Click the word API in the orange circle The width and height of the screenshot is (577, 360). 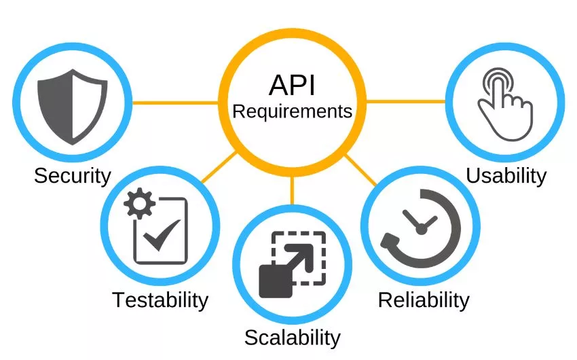(x=292, y=85)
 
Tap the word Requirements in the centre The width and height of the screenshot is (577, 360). (x=293, y=111)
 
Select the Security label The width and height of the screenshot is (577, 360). (x=73, y=176)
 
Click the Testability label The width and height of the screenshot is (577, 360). (x=160, y=300)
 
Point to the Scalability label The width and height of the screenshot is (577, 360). (x=293, y=338)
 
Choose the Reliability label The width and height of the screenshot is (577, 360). (x=424, y=300)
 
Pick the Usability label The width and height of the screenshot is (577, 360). (x=506, y=175)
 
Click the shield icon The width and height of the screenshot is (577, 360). (x=73, y=107)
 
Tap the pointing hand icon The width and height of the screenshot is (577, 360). (x=505, y=104)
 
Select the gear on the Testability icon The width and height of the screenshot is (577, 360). (x=139, y=203)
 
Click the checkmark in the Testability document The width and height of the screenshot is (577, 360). (x=162, y=236)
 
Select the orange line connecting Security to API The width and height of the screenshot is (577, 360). (x=176, y=103)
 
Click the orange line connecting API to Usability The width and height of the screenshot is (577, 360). (x=406, y=101)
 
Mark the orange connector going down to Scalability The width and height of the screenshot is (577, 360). (x=292, y=190)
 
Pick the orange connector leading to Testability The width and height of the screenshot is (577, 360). (x=219, y=166)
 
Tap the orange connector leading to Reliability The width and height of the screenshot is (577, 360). (x=360, y=170)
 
